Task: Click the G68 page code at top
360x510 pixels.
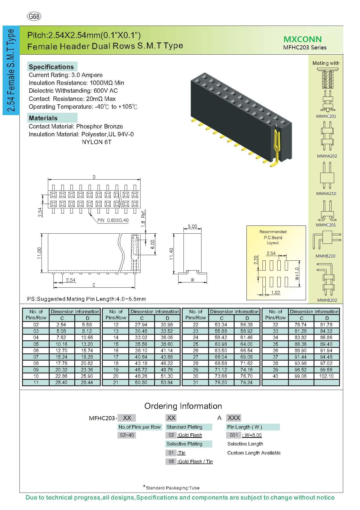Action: (x=34, y=17)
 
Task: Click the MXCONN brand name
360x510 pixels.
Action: (x=302, y=40)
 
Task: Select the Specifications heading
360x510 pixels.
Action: (x=51, y=67)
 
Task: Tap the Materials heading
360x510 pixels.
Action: (x=43, y=118)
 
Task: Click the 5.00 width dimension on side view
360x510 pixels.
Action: (x=192, y=226)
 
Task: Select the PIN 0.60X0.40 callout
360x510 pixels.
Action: (x=113, y=220)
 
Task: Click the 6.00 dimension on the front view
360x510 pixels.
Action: (x=153, y=244)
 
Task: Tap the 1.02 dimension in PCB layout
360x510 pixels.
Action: (x=275, y=292)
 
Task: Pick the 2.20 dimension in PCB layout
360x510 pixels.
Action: (x=256, y=260)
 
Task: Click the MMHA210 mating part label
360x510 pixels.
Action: (x=326, y=194)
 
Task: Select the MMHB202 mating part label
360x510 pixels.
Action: (x=327, y=300)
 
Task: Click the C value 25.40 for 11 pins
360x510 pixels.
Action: (x=62, y=382)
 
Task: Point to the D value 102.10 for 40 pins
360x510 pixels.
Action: (x=327, y=376)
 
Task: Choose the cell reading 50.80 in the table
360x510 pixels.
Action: (x=142, y=382)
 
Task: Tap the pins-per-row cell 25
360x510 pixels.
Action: (x=195, y=344)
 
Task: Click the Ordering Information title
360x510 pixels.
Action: (x=183, y=406)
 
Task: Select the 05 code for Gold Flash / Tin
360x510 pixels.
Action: (x=171, y=461)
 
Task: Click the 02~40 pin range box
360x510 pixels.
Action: (x=127, y=435)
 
